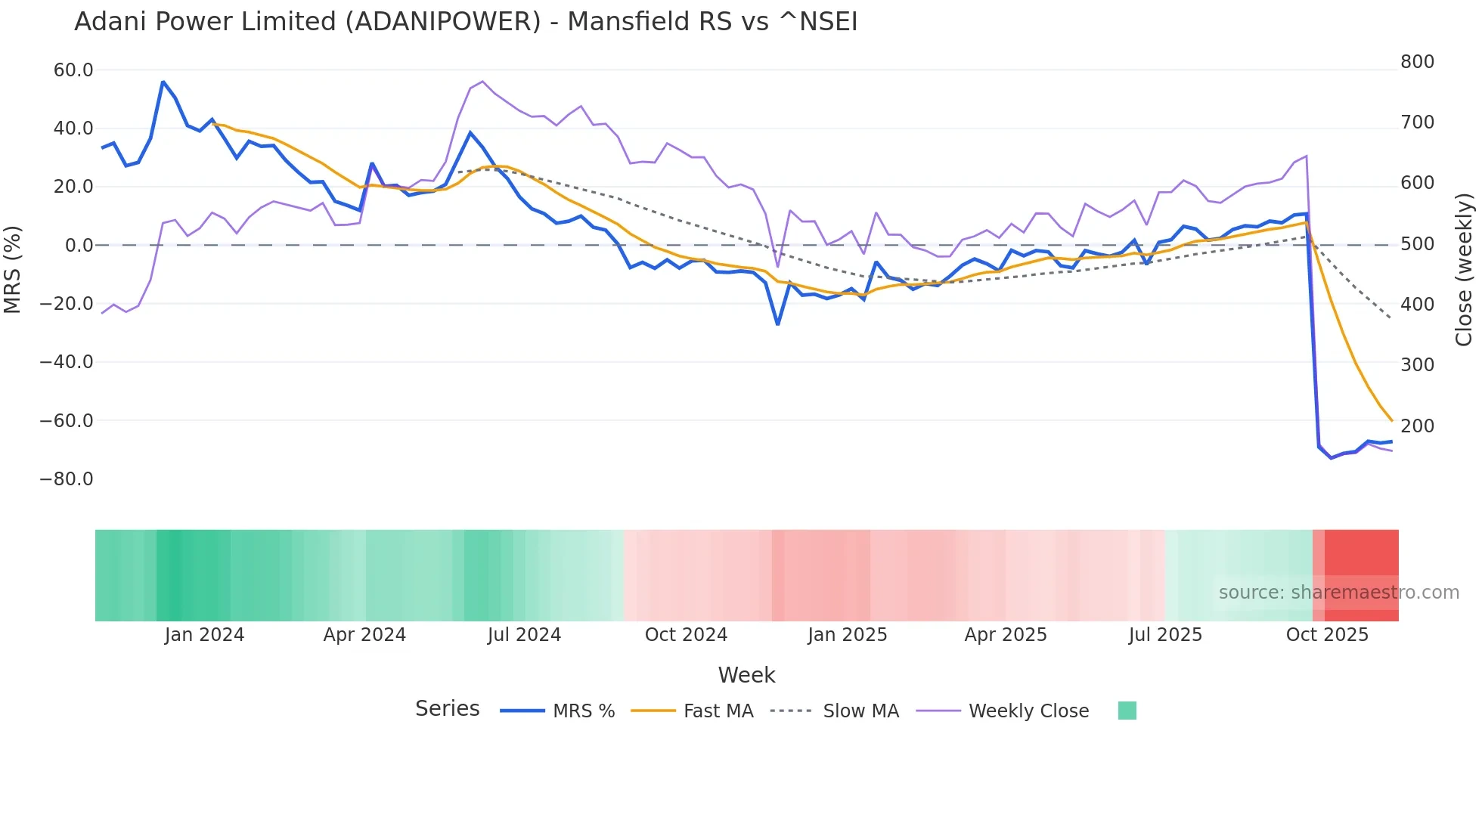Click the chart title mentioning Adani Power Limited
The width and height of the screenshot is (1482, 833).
click(466, 22)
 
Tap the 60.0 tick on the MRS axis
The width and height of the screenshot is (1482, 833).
click(73, 70)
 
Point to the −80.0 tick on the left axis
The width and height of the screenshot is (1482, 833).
click(67, 479)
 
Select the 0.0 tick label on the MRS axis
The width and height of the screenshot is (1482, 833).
click(79, 246)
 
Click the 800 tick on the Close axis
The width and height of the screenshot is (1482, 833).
click(1417, 62)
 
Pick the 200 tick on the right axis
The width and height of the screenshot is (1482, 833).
click(1417, 426)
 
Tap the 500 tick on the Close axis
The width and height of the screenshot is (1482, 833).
click(1417, 244)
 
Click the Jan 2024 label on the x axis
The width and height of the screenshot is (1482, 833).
click(204, 635)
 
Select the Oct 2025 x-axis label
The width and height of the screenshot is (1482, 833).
click(1327, 635)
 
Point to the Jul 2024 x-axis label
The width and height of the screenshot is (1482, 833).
click(524, 635)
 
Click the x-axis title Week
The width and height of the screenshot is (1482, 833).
click(746, 675)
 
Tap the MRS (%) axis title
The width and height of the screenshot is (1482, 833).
click(13, 270)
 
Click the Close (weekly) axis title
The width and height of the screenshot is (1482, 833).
click(1465, 270)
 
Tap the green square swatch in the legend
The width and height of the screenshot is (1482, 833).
click(1127, 711)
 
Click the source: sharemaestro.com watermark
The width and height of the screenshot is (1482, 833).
click(1338, 593)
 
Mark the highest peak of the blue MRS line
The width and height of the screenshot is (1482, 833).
click(163, 82)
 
